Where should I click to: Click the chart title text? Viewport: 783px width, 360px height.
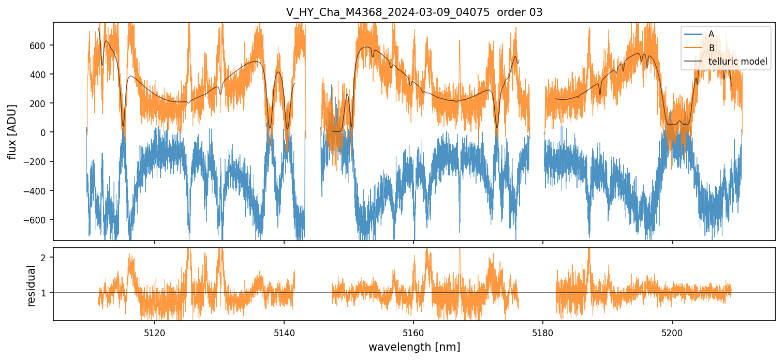point(414,12)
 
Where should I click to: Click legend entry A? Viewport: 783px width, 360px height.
point(711,34)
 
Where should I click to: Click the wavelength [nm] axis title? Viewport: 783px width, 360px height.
point(414,347)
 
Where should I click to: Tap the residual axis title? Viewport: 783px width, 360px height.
point(32,286)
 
